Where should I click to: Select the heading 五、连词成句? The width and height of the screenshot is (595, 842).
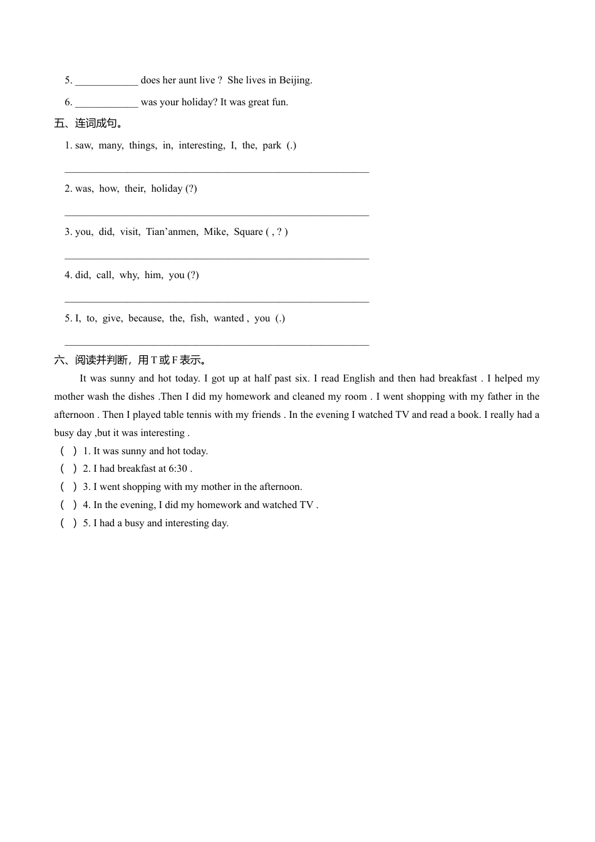(x=88, y=123)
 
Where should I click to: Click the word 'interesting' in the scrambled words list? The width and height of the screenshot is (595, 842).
(x=201, y=145)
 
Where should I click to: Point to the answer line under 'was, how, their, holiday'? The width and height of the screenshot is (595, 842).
(x=217, y=215)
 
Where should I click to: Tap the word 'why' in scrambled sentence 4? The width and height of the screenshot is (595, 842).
(x=129, y=275)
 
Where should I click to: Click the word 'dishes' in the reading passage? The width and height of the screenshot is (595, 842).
(x=142, y=397)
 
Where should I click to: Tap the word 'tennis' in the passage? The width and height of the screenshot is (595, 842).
(x=199, y=415)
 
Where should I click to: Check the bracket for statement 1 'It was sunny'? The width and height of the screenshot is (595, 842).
(x=69, y=451)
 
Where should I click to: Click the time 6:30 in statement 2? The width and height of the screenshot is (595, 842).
(x=178, y=469)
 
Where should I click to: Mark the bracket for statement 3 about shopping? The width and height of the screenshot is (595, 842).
(x=69, y=487)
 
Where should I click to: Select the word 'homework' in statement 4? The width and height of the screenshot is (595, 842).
(x=222, y=505)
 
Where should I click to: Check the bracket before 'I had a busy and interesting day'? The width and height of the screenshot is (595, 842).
(x=69, y=523)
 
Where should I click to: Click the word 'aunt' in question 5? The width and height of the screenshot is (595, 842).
(x=188, y=80)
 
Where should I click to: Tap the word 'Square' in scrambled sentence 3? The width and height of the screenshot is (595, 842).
(x=249, y=232)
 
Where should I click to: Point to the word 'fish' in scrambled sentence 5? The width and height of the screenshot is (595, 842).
(x=199, y=318)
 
